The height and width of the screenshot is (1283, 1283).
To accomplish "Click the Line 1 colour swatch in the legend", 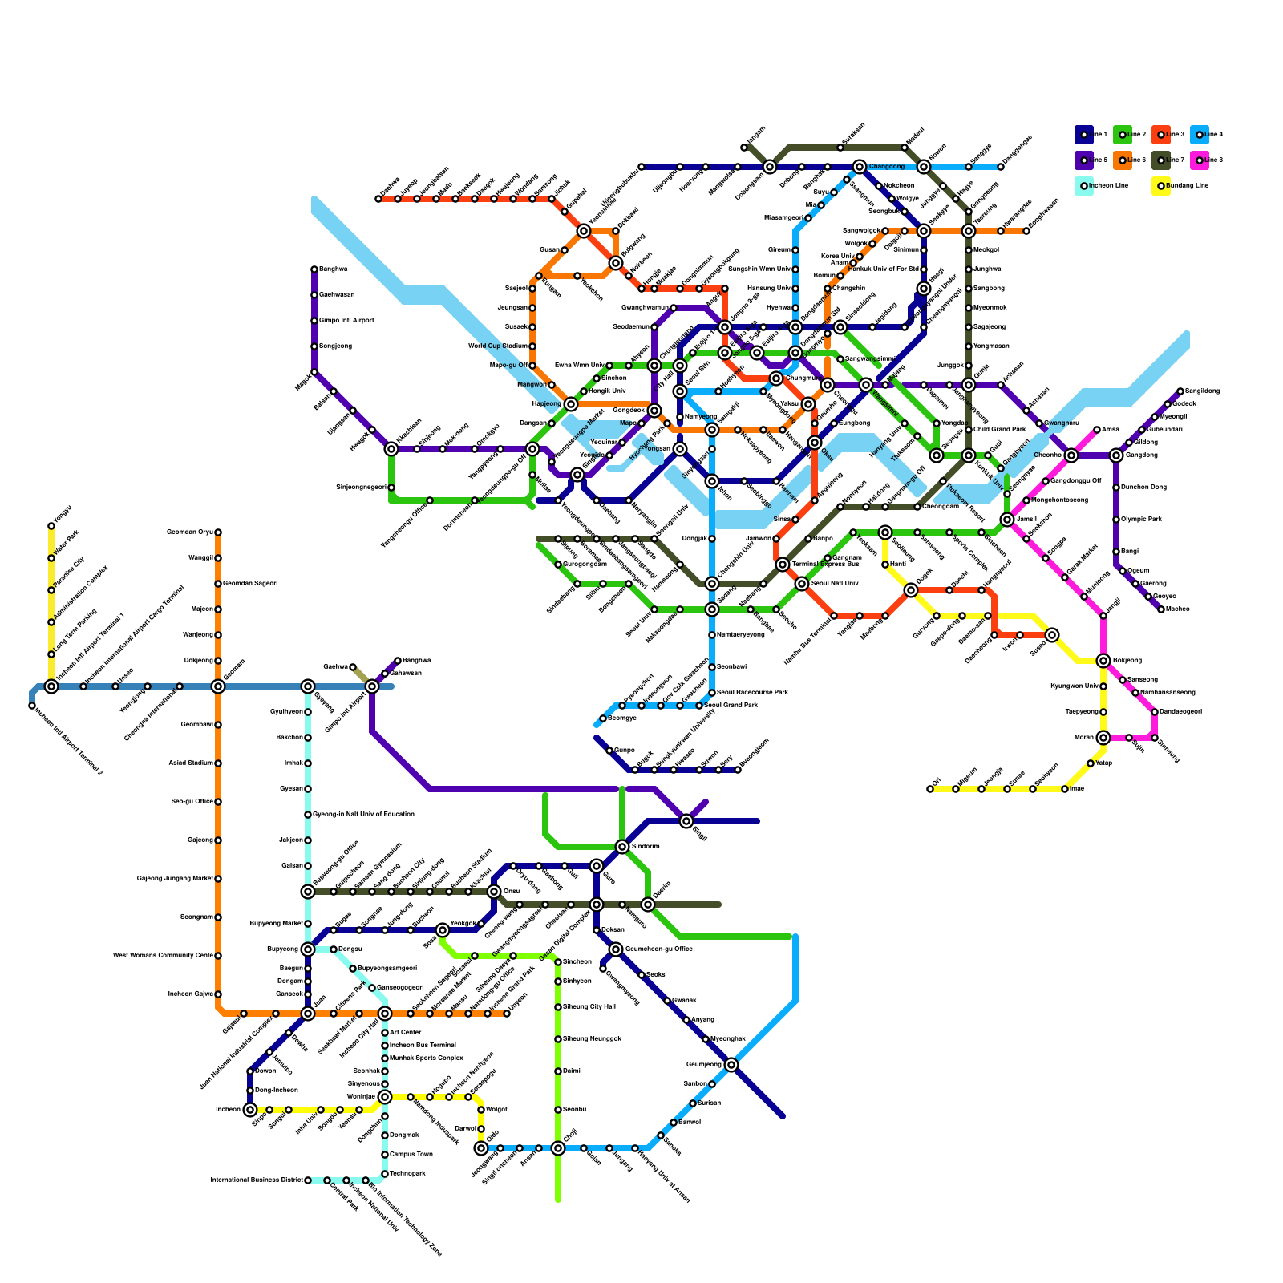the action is pos(1083,135).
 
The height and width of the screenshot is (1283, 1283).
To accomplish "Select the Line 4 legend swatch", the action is pos(1199,135).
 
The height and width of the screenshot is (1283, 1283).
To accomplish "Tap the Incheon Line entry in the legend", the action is pos(1083,186).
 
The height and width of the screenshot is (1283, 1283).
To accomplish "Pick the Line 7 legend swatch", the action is pos(1160,160).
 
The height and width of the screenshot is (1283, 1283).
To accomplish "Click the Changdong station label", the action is pos(887,167).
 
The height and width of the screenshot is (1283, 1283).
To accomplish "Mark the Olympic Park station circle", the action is pos(1116,520).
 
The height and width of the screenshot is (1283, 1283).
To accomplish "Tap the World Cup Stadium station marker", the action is pos(532,346).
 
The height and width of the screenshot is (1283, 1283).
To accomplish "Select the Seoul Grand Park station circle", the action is pos(699,706).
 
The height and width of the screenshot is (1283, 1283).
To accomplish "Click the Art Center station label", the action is pos(405,1033).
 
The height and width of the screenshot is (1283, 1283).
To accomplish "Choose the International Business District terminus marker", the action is pos(308,1180).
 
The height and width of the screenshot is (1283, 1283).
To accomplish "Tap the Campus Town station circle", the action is pos(385,1155).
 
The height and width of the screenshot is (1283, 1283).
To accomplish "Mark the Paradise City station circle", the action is pos(51,590).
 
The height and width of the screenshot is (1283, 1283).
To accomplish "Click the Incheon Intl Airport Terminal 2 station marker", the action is pos(32,706).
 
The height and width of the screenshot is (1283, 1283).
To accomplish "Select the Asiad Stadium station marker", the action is pos(218,763).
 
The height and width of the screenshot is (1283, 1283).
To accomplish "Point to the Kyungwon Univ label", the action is pos(1074,686).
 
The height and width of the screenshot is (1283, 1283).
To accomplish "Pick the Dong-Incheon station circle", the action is pos(250,1091).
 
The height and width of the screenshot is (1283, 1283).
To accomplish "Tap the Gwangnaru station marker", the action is pos(1039,423).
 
